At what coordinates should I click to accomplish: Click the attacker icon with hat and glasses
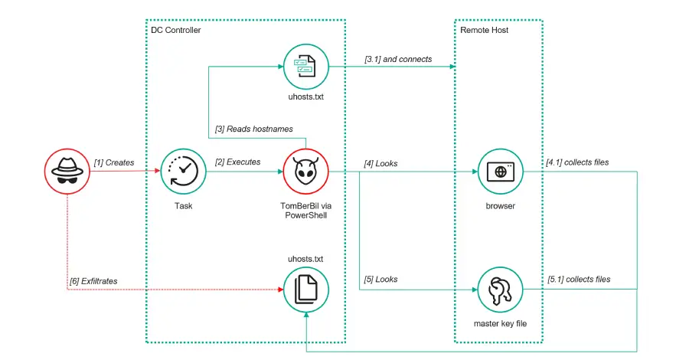coord(67,172)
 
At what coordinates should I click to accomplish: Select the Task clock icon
coord(184,172)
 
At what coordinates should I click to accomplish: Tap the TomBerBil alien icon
coord(306,172)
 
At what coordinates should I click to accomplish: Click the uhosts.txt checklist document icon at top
coord(306,67)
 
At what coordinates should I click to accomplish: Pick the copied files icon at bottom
coord(306,290)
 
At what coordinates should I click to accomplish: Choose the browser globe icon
coord(500,172)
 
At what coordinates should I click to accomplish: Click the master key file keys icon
coord(500,289)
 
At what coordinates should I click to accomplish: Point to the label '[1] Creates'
coord(113,162)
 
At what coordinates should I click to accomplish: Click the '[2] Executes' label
coord(237,162)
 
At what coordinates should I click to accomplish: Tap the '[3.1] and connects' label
coord(399,58)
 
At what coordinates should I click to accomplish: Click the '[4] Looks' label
coord(380,163)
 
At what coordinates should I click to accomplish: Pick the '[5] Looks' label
coord(380,280)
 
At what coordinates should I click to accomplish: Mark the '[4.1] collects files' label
coord(578,162)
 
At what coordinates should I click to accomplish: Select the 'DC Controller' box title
coord(176,30)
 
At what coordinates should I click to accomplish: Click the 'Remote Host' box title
coord(484,30)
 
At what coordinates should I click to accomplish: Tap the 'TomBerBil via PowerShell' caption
coord(306,211)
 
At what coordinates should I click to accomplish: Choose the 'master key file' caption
coord(500,324)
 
